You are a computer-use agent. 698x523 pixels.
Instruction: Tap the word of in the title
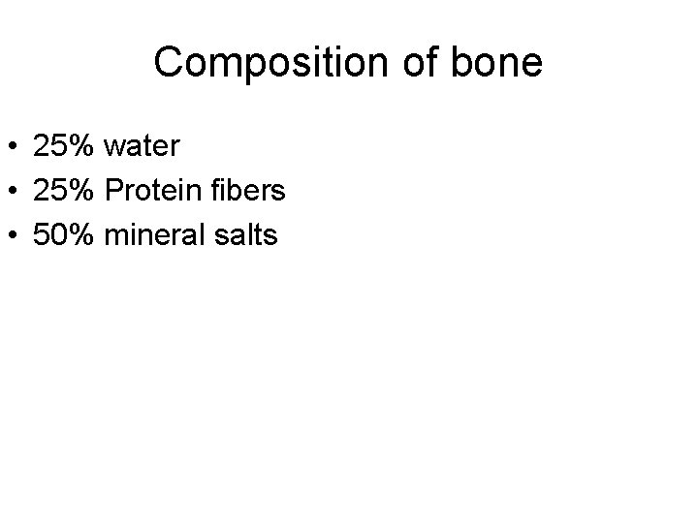tap(414, 64)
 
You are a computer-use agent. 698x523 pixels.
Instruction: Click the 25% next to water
tap(63, 147)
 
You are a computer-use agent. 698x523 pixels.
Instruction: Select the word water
tap(142, 147)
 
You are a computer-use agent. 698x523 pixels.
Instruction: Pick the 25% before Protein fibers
tap(63, 190)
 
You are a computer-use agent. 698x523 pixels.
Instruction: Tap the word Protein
tap(145, 190)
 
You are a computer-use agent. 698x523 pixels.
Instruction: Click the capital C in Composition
tap(168, 64)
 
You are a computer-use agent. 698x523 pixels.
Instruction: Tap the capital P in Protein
tap(112, 190)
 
